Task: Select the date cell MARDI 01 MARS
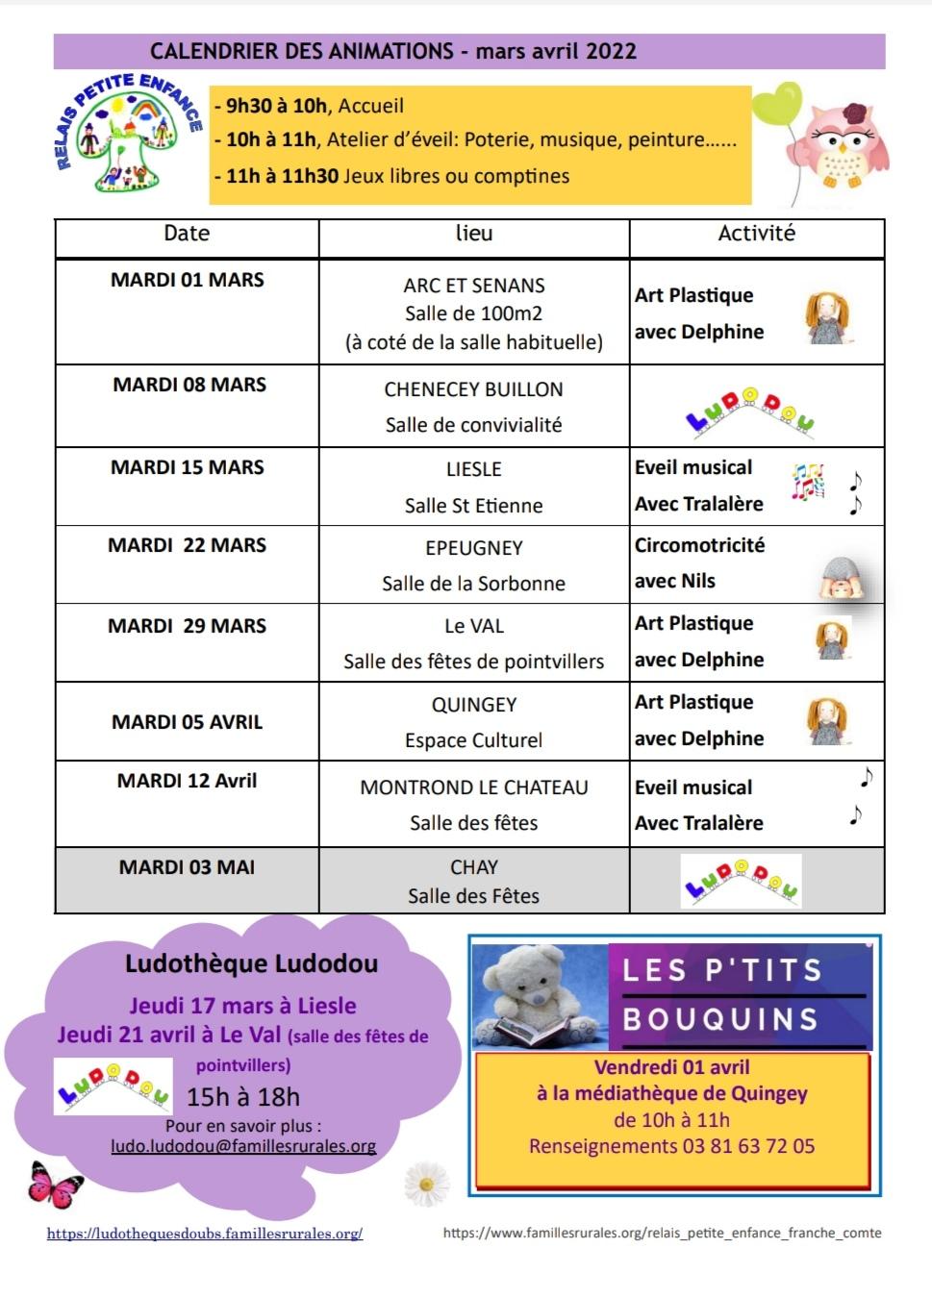click(x=187, y=280)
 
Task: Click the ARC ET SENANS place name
click(x=474, y=286)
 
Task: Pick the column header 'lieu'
click(x=474, y=234)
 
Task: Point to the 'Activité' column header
click(x=757, y=234)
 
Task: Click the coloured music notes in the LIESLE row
click(x=808, y=482)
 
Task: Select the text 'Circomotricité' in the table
click(x=699, y=545)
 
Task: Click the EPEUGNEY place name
click(x=474, y=548)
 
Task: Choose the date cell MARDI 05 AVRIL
click(x=187, y=722)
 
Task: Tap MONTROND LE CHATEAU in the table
click(x=474, y=787)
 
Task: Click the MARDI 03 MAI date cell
click(x=187, y=867)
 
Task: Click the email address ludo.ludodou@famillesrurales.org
click(x=243, y=1146)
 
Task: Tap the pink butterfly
click(x=55, y=1184)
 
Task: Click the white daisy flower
click(x=426, y=1182)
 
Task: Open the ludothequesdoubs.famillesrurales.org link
click(x=205, y=1234)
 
